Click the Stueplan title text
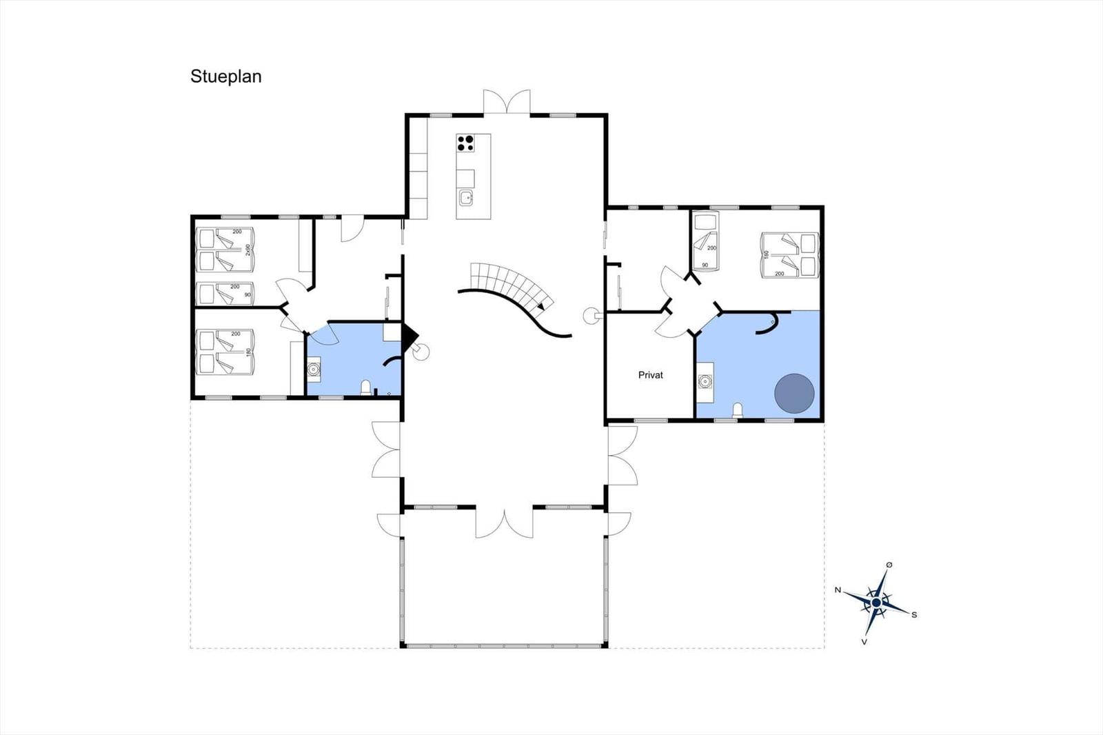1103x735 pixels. [x=225, y=77]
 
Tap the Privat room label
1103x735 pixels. [x=651, y=375]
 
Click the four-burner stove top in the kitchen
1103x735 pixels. [x=465, y=143]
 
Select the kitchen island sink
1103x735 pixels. [x=466, y=199]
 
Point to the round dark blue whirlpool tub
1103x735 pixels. [x=794, y=394]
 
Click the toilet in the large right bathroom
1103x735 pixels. [x=737, y=410]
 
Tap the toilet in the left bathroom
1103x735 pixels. [x=366, y=387]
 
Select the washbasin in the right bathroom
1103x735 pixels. [x=705, y=381]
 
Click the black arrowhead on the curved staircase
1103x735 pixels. [x=541, y=306]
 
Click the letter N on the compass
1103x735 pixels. [x=838, y=590]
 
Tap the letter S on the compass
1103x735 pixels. [x=914, y=615]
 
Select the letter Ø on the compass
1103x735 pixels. [x=889, y=565]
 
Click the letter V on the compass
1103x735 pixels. [x=864, y=642]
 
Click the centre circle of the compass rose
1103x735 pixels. [x=876, y=603]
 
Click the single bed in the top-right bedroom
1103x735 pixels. [x=706, y=241]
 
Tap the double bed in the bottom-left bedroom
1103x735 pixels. [x=225, y=352]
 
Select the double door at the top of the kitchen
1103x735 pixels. [x=507, y=102]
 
